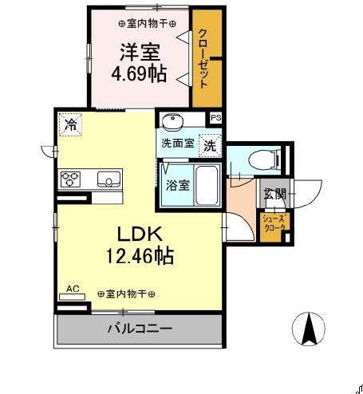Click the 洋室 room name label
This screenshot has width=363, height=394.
pyautogui.click(x=140, y=52)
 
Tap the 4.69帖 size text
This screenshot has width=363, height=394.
pyautogui.click(x=140, y=74)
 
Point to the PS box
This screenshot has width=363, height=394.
pyautogui.click(x=215, y=117)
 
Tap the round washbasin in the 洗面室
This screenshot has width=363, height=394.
pyautogui.click(x=171, y=121)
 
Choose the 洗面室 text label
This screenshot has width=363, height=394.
pyautogui.click(x=177, y=144)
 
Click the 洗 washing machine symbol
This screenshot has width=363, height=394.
pyautogui.click(x=209, y=146)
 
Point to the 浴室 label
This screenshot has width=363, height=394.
pyautogui.click(x=177, y=185)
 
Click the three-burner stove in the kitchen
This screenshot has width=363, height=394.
pyautogui.click(x=69, y=177)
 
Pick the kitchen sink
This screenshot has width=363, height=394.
pyautogui.click(x=109, y=178)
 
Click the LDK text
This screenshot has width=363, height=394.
pyautogui.click(x=140, y=234)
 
